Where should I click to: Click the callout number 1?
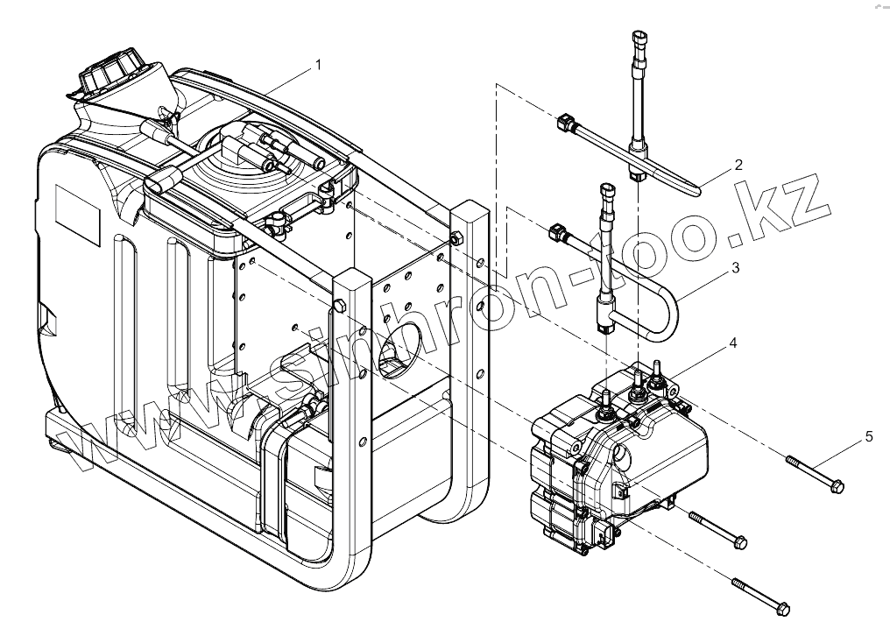(319, 64)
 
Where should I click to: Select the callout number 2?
(738, 164)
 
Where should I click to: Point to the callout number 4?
(732, 344)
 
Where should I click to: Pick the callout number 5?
(869, 435)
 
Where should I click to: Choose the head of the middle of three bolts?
(740, 543)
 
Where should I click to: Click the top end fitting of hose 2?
(640, 40)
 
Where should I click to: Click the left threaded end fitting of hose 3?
(556, 231)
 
